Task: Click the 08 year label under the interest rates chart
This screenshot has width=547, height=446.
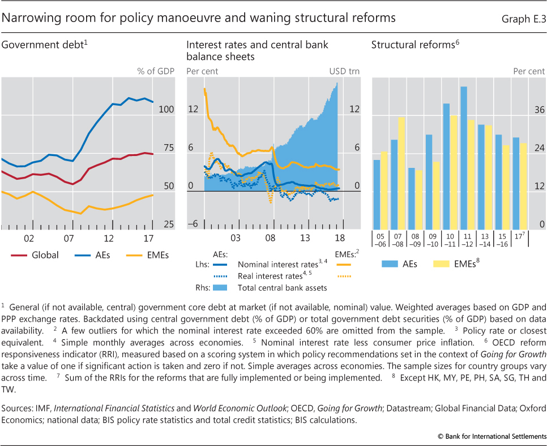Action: pos(270,237)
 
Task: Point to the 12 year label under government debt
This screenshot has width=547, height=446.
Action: pos(109,237)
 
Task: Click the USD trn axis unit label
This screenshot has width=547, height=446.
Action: pos(344,72)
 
